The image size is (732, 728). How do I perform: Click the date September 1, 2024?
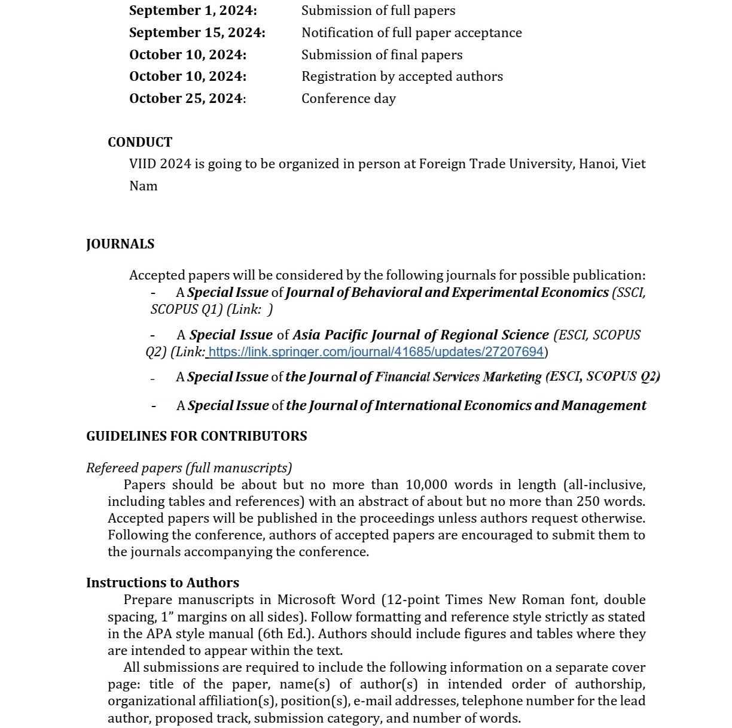(x=193, y=11)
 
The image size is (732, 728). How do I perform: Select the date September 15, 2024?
(x=197, y=33)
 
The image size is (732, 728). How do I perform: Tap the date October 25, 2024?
(x=187, y=99)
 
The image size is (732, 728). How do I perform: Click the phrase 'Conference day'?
(x=348, y=99)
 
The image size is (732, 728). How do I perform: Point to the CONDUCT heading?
(x=140, y=142)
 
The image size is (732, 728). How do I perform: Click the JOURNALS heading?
(x=120, y=244)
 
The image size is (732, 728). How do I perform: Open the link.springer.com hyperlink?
(x=376, y=352)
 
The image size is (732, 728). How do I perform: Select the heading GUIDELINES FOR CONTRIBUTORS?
(x=196, y=436)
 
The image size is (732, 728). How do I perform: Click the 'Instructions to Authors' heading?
(x=162, y=583)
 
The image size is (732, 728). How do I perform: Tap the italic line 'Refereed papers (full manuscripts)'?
(x=189, y=468)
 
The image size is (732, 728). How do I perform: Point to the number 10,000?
(x=426, y=485)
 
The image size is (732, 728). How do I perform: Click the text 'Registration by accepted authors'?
(x=402, y=77)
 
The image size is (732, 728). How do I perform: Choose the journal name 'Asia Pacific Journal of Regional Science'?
(x=420, y=335)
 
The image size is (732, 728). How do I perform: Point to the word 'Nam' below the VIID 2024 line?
(x=144, y=186)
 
